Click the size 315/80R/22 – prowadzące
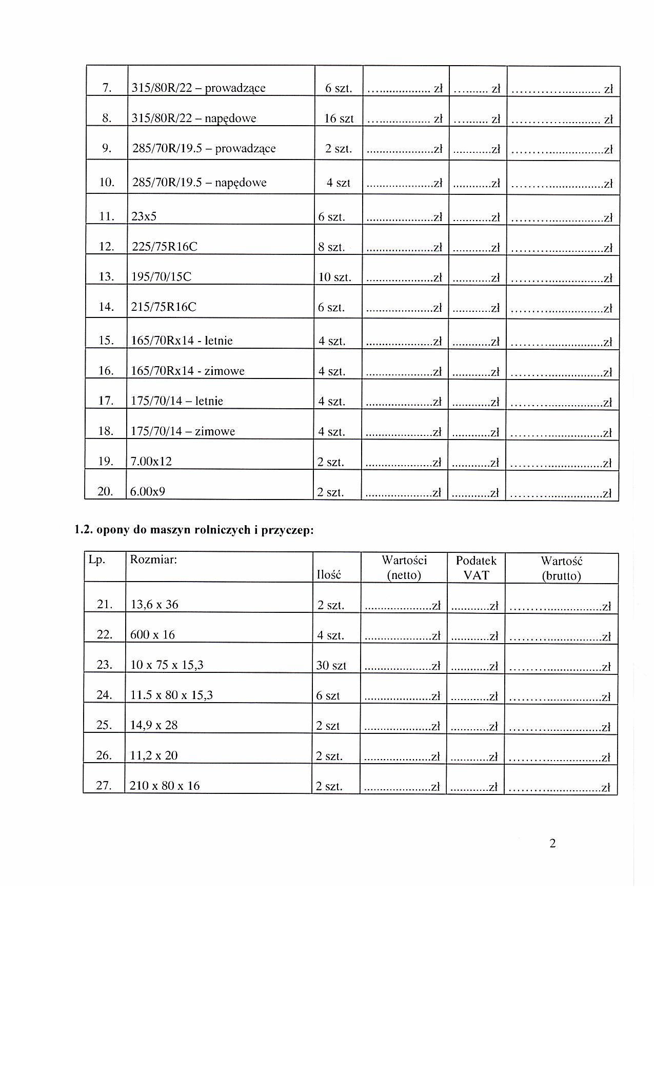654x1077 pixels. click(x=199, y=88)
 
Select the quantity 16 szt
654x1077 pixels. click(x=339, y=118)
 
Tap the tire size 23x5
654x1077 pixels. click(x=144, y=216)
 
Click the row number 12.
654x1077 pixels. click(x=106, y=247)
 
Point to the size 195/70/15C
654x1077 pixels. click(x=162, y=277)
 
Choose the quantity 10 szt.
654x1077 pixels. click(x=334, y=277)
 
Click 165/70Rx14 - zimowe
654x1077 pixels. click(x=188, y=371)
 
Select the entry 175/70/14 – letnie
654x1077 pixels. click(x=177, y=401)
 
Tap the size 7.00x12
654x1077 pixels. click(x=151, y=462)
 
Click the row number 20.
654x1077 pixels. click(x=105, y=492)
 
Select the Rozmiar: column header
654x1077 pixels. click(x=153, y=560)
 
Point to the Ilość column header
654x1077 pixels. click(x=329, y=575)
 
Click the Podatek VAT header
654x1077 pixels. click(x=476, y=568)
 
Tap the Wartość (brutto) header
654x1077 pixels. click(x=562, y=568)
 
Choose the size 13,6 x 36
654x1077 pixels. click(x=154, y=605)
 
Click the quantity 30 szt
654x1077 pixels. click(x=331, y=666)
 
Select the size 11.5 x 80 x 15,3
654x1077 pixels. click(x=171, y=695)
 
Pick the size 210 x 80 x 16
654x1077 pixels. click(x=165, y=786)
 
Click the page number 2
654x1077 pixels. click(x=552, y=844)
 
